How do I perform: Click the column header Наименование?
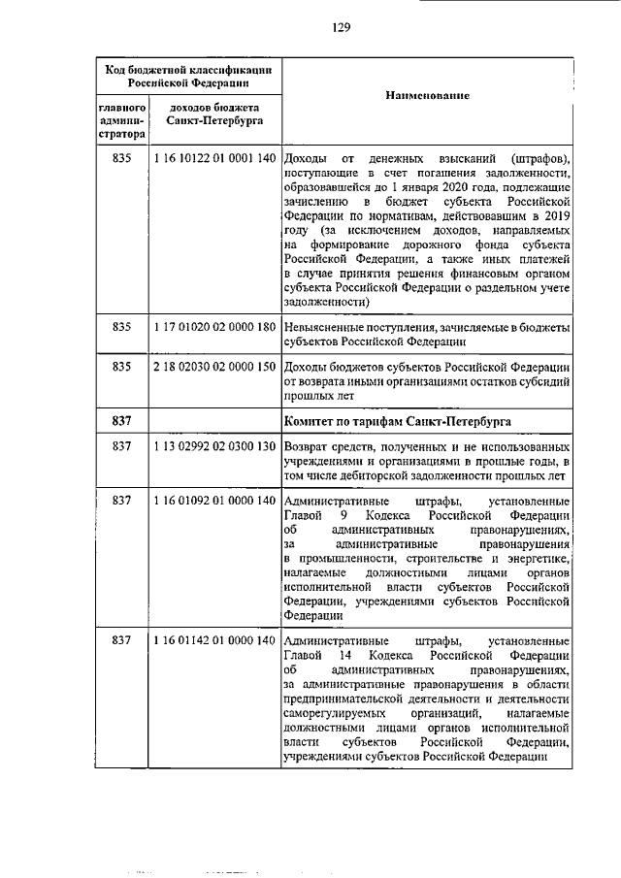pos(427,97)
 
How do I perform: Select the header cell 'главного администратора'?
pos(121,119)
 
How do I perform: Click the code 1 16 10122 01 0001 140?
pos(214,158)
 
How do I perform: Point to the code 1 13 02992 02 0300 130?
pos(214,444)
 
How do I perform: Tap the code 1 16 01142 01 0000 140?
pos(214,640)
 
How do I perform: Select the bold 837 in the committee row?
pos(121,419)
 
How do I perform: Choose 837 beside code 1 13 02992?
pos(121,444)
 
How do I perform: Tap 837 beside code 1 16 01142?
pos(121,640)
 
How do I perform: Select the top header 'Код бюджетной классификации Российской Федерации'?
pos(188,75)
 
